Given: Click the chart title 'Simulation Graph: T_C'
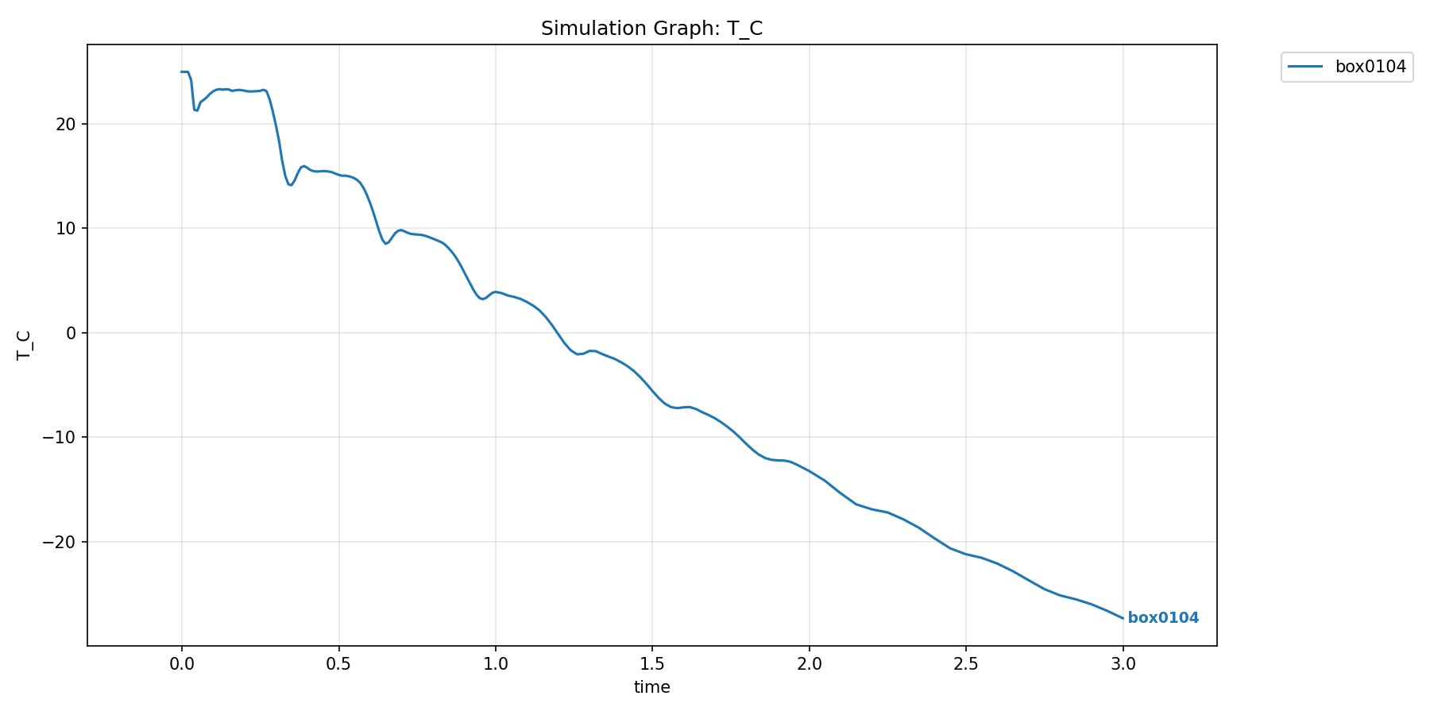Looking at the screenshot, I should point(651,29).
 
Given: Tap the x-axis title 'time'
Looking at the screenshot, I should point(651,687).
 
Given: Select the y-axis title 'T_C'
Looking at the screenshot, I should point(25,346).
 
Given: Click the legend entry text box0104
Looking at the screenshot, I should point(1370,67).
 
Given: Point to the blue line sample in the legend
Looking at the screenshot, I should point(1305,67).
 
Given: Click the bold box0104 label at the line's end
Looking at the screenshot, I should point(1163,618).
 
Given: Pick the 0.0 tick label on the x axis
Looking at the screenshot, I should point(182,664).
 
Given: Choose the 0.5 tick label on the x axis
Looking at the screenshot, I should point(338,664).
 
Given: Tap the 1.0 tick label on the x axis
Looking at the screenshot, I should point(496,664).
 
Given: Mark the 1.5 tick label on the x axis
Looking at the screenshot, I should point(652,664).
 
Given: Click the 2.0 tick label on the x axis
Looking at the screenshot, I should point(810,664).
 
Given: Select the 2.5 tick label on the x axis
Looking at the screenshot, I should point(966,664).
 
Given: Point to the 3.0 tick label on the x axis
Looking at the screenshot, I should point(1123,664).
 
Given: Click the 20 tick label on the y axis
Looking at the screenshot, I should point(66,125).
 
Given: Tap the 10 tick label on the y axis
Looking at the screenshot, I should point(66,229).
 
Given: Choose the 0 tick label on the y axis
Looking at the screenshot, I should point(71,334).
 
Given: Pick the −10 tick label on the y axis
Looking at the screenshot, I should point(60,438).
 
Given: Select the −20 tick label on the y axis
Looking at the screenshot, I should point(60,543).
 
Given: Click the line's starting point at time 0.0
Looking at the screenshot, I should point(182,72).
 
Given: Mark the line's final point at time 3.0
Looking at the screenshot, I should point(1123,618).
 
